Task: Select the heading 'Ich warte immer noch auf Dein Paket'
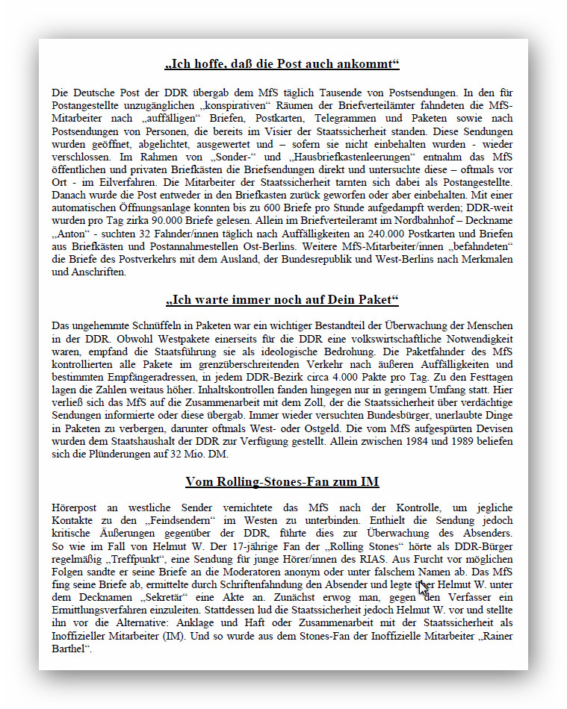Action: pos(282,300)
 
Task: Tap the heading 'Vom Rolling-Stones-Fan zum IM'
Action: pos(282,481)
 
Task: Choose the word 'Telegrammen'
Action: pos(328,118)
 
